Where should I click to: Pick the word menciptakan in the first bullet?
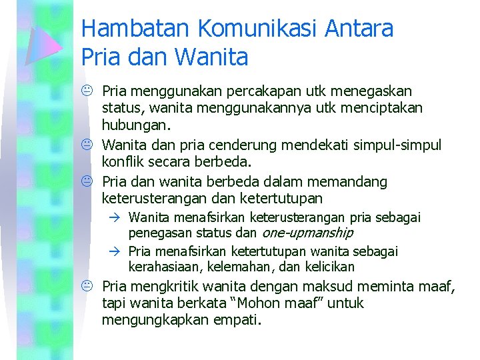[x=385, y=107]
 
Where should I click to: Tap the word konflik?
[x=122, y=161]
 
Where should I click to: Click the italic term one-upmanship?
[x=307, y=233]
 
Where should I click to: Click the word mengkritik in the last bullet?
[x=165, y=287]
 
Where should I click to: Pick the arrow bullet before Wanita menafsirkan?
[x=115, y=217]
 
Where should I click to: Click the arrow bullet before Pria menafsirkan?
[x=115, y=251]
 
